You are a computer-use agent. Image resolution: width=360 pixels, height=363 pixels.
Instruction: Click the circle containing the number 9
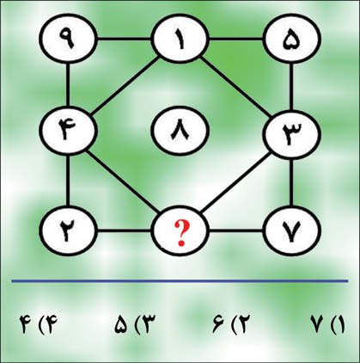click(68, 39)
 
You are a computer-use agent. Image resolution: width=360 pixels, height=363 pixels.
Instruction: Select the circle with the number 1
click(180, 39)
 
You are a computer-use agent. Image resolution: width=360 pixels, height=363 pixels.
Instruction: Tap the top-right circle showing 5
click(291, 39)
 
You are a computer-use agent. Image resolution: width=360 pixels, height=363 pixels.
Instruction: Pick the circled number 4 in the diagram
click(68, 131)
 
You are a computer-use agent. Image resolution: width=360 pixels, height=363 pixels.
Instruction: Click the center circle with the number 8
click(180, 131)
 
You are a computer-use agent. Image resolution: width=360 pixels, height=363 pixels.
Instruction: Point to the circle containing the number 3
click(291, 134)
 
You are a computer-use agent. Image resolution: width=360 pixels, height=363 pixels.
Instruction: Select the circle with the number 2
click(68, 231)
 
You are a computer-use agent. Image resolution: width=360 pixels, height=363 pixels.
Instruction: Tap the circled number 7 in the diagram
click(291, 231)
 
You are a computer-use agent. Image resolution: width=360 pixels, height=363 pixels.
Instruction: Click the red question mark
click(181, 233)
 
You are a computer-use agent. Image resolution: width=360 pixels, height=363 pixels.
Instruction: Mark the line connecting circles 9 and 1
click(124, 39)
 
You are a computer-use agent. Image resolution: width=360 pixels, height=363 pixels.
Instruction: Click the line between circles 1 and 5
click(236, 39)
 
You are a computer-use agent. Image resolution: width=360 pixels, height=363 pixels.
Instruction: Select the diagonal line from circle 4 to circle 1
click(125, 86)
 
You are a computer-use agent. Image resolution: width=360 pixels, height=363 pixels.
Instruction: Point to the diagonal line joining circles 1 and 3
click(236, 88)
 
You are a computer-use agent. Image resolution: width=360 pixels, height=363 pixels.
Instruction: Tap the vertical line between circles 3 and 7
click(291, 182)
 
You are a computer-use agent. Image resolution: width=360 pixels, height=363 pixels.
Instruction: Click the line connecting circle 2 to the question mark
click(124, 231)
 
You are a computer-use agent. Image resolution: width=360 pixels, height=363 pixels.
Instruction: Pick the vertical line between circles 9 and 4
click(68, 85)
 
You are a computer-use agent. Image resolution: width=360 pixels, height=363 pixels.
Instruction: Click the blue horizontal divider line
click(180, 281)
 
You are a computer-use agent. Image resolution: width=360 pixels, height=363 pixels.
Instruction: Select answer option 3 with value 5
click(135, 325)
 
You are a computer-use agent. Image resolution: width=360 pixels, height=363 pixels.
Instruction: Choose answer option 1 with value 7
click(328, 325)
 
